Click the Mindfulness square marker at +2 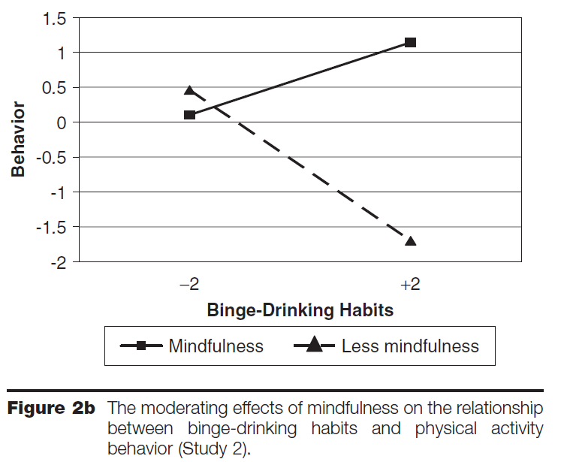pyautogui.click(x=410, y=42)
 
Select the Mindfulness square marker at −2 pyautogui.click(x=190, y=114)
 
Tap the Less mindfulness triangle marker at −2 pyautogui.click(x=190, y=91)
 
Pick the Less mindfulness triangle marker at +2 pyautogui.click(x=410, y=241)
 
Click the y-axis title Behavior pyautogui.click(x=19, y=139)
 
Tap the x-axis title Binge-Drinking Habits pyautogui.click(x=300, y=310)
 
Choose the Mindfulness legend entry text pyautogui.click(x=216, y=346)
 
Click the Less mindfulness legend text pyautogui.click(x=410, y=346)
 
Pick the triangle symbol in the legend pyautogui.click(x=314, y=345)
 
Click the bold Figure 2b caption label pyautogui.click(x=50, y=409)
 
